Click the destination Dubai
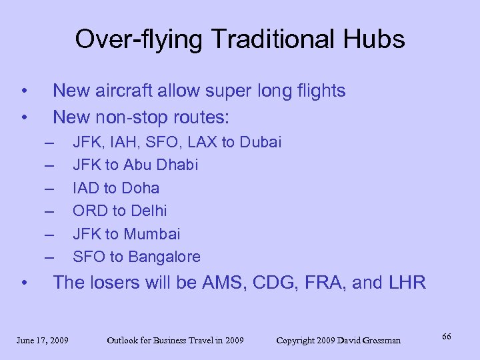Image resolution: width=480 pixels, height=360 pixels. (260, 142)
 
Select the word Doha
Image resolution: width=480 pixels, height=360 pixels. (141, 188)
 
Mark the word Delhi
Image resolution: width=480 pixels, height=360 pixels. (149, 211)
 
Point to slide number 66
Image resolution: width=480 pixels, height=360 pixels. (446, 337)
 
